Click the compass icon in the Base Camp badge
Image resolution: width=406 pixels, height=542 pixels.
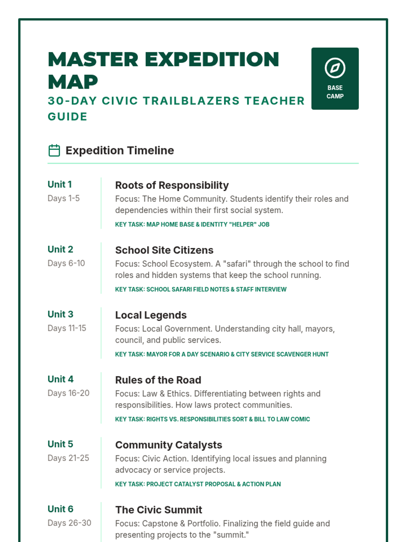[x=335, y=68]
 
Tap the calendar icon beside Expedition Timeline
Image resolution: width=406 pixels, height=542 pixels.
[x=54, y=150]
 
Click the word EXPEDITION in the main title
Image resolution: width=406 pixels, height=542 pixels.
[x=212, y=60]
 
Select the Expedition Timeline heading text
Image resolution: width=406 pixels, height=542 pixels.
[x=119, y=150]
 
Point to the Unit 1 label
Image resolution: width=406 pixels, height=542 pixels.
[x=60, y=184]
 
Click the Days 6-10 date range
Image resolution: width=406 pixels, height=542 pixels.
[x=66, y=263]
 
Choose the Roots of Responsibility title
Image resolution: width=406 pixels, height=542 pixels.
[x=172, y=185]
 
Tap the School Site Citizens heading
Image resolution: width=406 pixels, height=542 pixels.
[x=164, y=250]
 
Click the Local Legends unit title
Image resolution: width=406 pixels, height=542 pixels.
[x=151, y=315]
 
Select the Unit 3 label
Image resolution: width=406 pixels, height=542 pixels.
[x=60, y=314]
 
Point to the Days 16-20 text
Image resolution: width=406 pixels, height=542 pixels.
[x=68, y=393]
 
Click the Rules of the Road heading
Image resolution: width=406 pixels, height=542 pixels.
[x=158, y=380]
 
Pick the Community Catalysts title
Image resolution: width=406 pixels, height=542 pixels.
[x=168, y=445]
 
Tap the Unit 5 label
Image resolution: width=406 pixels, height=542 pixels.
[x=60, y=444]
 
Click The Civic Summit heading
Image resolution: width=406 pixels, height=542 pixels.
[x=158, y=510]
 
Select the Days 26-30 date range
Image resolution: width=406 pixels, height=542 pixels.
[x=69, y=523]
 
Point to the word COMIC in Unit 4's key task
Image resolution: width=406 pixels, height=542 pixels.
[x=300, y=419]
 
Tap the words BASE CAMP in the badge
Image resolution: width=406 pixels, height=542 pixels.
[x=335, y=92]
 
